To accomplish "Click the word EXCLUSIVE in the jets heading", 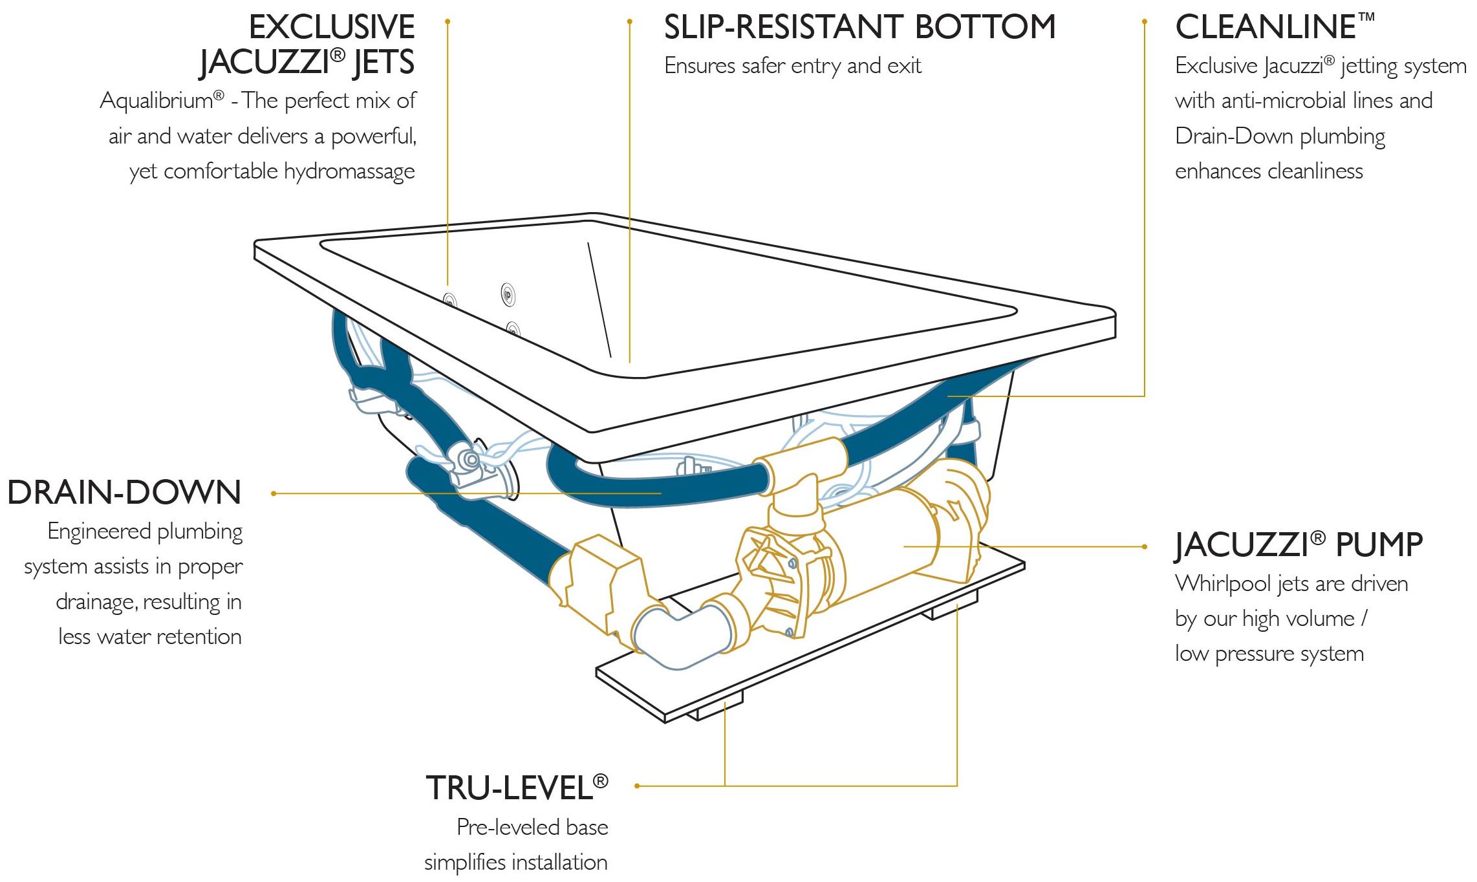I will (x=332, y=28).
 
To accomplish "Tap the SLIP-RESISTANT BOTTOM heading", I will (x=859, y=28).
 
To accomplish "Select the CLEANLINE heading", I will (x=1266, y=28).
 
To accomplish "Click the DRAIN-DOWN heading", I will (x=124, y=493).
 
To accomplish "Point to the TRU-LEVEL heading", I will (x=510, y=788).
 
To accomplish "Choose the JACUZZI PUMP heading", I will (x=1299, y=544).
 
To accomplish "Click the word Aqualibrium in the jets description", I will (x=156, y=101).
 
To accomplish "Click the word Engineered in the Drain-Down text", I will (x=100, y=532).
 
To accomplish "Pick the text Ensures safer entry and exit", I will (x=793, y=66).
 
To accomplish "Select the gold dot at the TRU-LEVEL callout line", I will (x=637, y=786).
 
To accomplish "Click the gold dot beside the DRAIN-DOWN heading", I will (x=274, y=493).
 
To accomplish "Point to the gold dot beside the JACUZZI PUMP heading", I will (x=1144, y=546).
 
